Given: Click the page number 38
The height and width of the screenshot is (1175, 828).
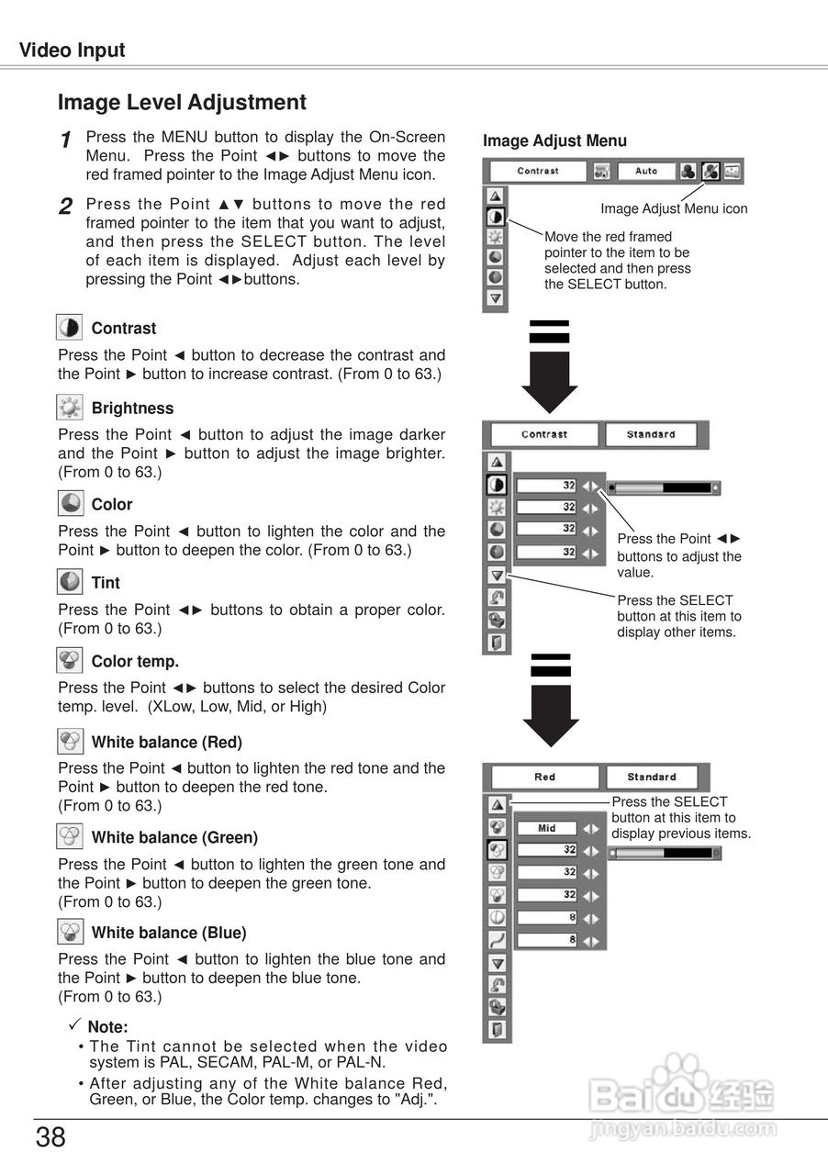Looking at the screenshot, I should [51, 1138].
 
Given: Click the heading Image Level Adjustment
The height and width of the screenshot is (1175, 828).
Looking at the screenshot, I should [182, 103].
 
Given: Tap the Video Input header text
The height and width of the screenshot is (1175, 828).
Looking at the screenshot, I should [73, 50].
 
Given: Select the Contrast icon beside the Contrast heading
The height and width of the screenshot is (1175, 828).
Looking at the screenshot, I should [70, 328].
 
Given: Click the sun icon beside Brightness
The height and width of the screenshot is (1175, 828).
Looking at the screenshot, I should [70, 408].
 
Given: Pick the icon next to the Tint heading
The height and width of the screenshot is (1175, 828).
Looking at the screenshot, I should [70, 582].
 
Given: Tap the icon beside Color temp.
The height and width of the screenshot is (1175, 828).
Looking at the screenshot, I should [70, 661].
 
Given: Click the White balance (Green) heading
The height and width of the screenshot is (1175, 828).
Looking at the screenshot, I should [174, 837].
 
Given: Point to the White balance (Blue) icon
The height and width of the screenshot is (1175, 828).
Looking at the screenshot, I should [70, 933].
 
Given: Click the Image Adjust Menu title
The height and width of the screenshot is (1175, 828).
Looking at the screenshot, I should [554, 141].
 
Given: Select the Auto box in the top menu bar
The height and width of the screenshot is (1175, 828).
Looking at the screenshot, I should [645, 172].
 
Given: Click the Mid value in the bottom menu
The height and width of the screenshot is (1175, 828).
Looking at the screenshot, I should [547, 828].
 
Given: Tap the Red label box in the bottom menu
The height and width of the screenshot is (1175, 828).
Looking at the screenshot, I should [544, 778].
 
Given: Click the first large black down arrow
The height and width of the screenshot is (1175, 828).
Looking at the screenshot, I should [549, 367].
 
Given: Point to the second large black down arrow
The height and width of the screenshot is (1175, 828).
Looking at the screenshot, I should [550, 700].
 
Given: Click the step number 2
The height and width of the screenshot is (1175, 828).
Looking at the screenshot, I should [65, 207].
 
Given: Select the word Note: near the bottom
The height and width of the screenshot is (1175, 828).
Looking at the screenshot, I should [107, 1027].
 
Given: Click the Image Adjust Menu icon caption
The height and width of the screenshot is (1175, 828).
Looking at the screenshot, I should [674, 209].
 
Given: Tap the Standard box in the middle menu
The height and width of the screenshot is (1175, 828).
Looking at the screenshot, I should [651, 435].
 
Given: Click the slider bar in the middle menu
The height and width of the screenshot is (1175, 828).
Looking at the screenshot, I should [663, 488].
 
